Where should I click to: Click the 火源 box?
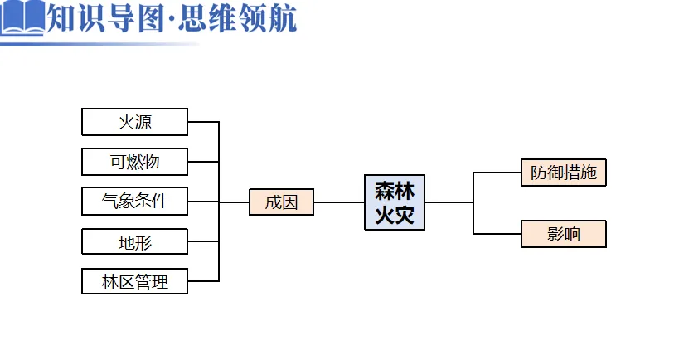134,122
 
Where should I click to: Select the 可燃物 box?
134,162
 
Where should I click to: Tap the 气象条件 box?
134,202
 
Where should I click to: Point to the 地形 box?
134,242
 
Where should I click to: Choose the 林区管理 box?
134,281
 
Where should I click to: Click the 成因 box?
281,202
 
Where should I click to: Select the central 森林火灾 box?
395,202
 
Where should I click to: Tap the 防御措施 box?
563,173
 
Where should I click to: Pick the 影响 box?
563,234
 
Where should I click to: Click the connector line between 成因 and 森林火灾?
339,202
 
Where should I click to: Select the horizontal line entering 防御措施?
497,173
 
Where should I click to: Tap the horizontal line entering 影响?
497,234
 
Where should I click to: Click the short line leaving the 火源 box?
203,122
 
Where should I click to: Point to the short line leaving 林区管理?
203,281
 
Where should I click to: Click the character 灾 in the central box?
405,216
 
